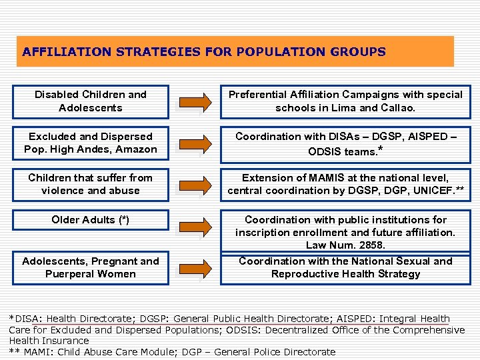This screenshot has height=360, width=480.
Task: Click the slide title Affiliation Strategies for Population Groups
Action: point(204,52)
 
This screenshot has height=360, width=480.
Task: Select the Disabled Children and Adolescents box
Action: point(91,101)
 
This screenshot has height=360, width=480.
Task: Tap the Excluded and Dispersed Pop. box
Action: point(91,143)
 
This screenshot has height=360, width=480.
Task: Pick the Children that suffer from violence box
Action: point(91,184)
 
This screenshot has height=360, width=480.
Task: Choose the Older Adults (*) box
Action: point(91,220)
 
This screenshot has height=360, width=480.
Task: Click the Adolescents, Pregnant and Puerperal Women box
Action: point(91,267)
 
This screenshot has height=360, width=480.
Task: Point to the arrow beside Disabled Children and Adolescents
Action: point(195,102)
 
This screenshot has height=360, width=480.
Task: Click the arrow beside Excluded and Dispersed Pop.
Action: point(195,143)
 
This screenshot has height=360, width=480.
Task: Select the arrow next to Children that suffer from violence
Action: point(195,185)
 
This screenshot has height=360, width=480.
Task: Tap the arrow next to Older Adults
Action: point(195,227)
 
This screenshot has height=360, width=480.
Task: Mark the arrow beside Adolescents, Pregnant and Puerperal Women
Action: point(195,268)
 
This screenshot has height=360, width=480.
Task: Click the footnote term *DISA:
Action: point(25,319)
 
